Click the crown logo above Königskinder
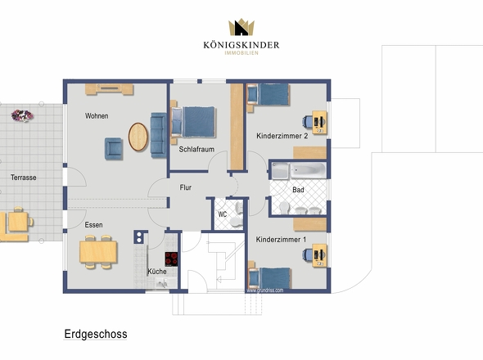pos(241,27)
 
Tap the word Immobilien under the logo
pos(241,53)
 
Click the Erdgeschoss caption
pos(96,334)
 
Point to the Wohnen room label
pos(97,116)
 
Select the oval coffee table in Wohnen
pos(138,137)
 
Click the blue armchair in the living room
pos(113,149)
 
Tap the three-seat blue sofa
pos(158,135)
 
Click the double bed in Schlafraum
pos(193,122)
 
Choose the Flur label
pos(186,187)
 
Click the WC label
pos(223,214)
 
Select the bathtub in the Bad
pos(308,170)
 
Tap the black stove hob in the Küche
pos(171,259)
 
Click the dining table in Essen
pos(98,252)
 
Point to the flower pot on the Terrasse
pos(22,115)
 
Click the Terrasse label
pos(24,178)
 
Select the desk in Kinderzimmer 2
pos(319,122)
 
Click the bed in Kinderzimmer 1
pos(269,278)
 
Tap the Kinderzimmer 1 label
pos(281,239)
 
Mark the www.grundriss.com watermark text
pos(265,290)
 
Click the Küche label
pos(157,272)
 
